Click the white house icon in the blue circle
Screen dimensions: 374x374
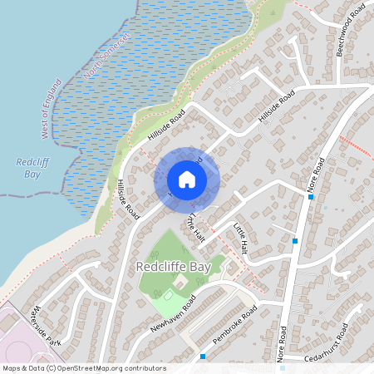(187, 179)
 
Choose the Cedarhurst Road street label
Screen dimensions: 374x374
(336, 352)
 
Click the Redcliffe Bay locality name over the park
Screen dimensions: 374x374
(172, 268)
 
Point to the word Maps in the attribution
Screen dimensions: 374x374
(12, 368)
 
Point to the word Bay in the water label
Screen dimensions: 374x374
(33, 174)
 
